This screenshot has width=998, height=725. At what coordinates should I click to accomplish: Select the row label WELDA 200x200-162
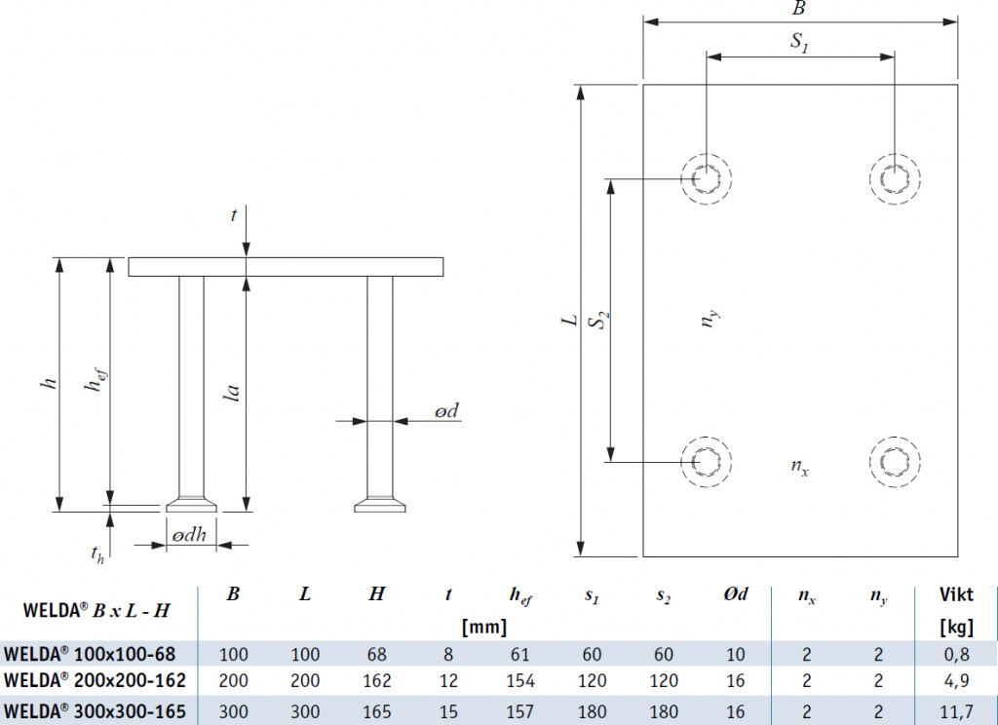pos(96,680)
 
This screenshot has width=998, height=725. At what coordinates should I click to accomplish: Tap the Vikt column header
pos(955,594)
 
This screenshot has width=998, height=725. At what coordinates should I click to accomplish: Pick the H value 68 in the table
pos(377,653)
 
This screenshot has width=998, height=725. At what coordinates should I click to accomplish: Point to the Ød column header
pos(734,594)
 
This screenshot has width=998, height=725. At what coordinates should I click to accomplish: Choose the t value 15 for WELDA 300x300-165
pos(449,709)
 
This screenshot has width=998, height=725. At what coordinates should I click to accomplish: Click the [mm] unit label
pos(484,627)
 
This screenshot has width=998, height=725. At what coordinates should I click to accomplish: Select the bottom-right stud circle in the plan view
pos(895,461)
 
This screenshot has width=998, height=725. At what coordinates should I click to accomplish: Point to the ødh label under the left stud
pos(191,535)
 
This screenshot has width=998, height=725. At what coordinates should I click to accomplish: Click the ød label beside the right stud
pos(445,412)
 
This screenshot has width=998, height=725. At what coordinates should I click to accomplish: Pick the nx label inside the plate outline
pos(799,467)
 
